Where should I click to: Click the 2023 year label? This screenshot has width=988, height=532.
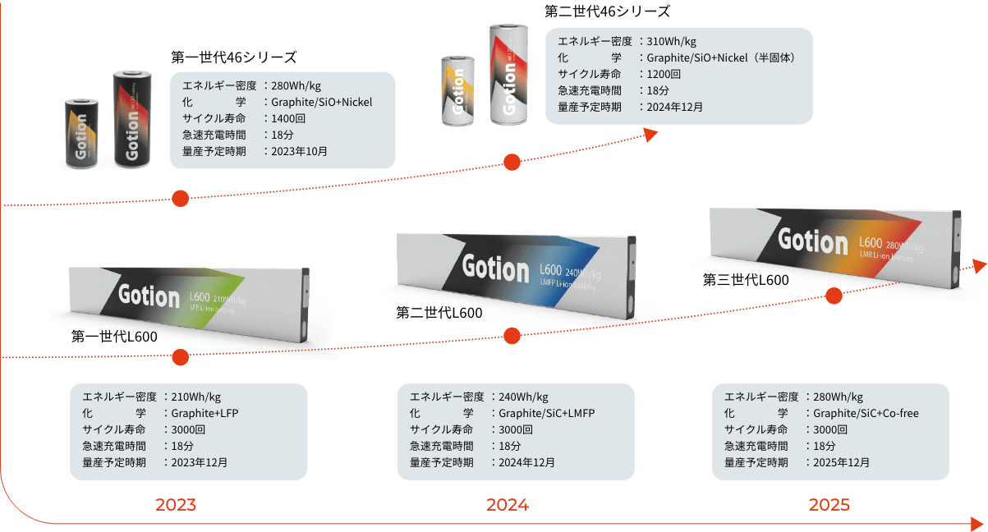176,505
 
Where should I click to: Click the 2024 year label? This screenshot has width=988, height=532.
507,505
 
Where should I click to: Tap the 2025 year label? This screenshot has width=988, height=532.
829,505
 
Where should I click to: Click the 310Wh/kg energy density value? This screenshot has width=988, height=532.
672,41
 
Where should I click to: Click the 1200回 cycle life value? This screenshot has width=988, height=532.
664,74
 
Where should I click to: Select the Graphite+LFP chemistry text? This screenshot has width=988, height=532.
204,413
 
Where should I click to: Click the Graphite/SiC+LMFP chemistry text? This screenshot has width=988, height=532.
546,413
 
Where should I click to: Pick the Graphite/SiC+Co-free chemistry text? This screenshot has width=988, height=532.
866,413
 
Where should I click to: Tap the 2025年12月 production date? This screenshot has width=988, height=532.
842,462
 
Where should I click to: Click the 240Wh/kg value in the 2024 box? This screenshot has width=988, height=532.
523,397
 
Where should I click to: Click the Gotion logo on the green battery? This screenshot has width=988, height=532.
149,297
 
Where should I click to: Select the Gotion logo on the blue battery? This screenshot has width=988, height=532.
495,268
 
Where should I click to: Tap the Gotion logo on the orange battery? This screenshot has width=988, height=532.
812,241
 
